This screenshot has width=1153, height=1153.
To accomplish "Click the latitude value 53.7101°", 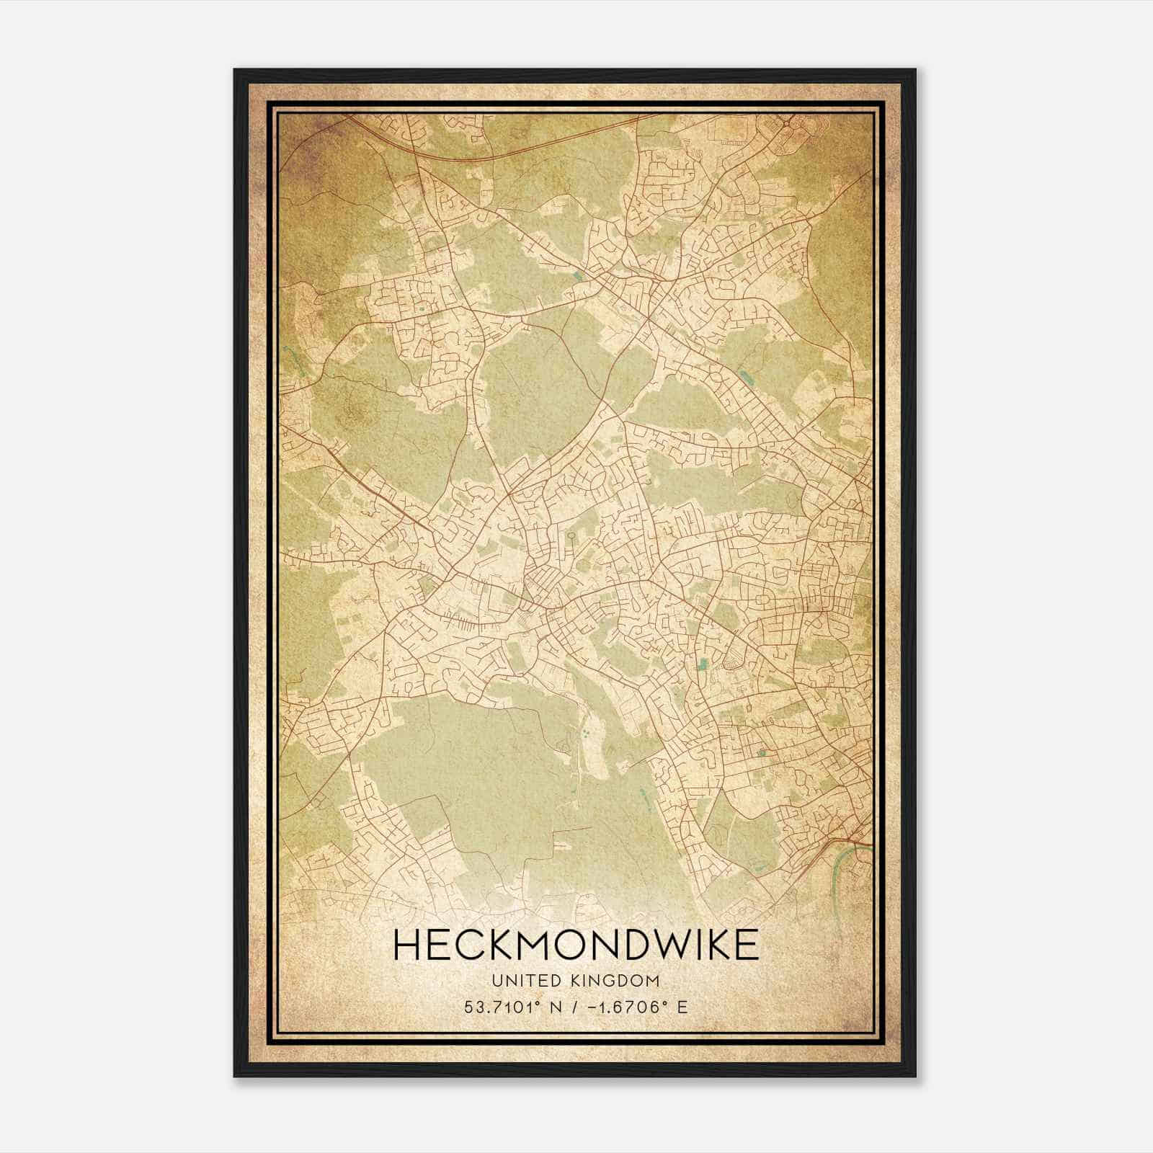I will click(x=502, y=1007).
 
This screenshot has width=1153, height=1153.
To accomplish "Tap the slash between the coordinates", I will click(x=573, y=1007).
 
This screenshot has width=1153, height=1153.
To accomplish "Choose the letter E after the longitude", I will click(x=682, y=1007).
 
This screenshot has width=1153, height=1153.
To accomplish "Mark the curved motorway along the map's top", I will click(x=504, y=150).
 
